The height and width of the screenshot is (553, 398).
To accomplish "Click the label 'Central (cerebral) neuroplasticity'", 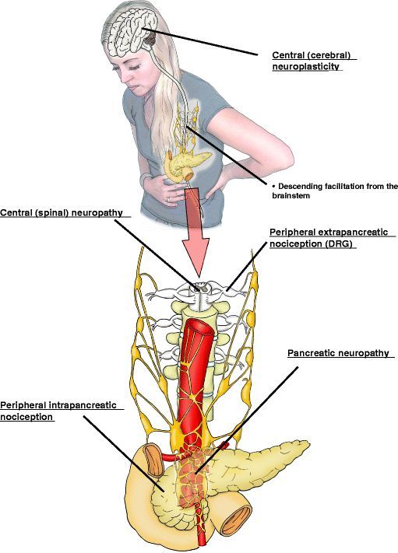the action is [314, 61].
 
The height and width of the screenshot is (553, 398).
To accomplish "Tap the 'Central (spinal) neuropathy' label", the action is [62, 212].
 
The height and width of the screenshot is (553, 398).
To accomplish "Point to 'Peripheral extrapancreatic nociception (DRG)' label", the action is [329, 238].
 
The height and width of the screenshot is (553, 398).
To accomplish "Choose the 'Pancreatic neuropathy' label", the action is [338, 353].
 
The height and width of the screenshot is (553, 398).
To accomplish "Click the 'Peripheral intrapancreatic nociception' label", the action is [58, 411].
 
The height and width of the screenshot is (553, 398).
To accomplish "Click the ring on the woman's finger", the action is [169, 200].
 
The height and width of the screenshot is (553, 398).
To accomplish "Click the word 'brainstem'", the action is [286, 195].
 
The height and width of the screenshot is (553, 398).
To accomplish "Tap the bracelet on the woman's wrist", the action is [145, 180].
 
